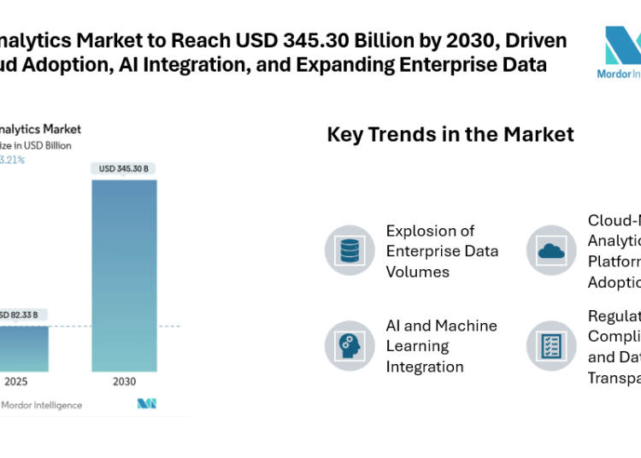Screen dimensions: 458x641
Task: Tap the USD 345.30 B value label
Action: [x=124, y=169]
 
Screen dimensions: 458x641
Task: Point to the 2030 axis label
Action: [x=124, y=382]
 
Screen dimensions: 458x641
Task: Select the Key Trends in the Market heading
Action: [x=450, y=134]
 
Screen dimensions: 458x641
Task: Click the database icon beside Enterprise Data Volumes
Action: [x=350, y=251]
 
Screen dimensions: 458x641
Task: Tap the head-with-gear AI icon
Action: [x=350, y=346]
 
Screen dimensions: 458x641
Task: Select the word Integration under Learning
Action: [x=425, y=367]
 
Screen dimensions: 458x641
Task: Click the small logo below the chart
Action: [x=147, y=403]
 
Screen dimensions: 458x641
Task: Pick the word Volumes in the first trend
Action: [x=418, y=272]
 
